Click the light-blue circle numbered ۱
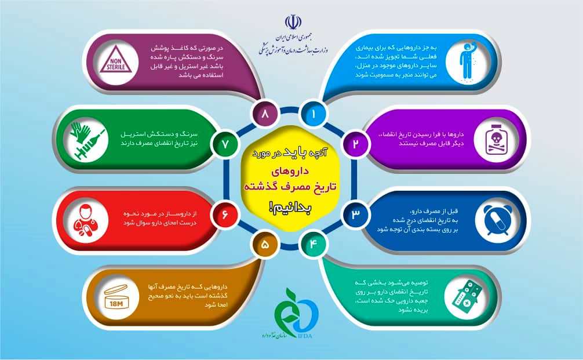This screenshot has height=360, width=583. point(313,114)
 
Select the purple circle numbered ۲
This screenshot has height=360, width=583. point(355,144)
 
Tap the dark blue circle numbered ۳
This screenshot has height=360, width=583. point(355,214)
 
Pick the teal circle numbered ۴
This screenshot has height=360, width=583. point(313,244)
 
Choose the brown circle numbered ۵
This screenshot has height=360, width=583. point(265,244)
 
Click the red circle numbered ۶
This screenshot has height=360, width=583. point(224,214)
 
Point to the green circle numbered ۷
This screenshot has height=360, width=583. point(224,144)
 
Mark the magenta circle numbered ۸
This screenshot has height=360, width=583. point(265,114)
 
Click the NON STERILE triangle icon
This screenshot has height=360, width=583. point(116,61)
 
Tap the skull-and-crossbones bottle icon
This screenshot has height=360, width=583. point(497,140)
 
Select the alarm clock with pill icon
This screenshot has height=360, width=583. point(497,220)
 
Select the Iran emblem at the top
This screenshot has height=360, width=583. point(293,22)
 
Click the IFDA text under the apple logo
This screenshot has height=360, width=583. point(305,337)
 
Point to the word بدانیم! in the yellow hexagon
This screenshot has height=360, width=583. point(289,209)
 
